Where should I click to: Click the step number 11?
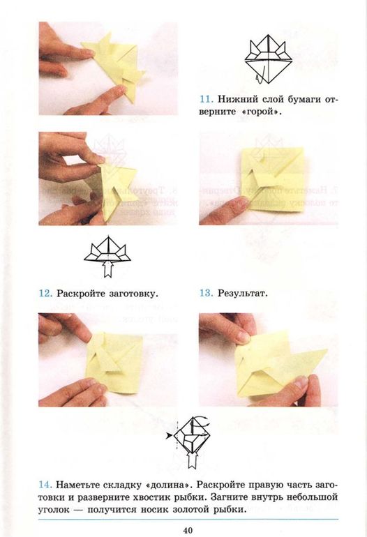(207, 100)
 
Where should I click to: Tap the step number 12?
(45, 294)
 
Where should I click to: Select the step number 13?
(207, 294)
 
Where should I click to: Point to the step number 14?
(45, 485)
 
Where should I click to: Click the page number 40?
(188, 531)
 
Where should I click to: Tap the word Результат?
(243, 294)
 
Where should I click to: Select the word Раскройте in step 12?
(81, 294)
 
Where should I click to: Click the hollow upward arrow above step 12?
(108, 268)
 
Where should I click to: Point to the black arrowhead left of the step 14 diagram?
(168, 436)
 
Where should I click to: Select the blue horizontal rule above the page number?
(188, 520)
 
